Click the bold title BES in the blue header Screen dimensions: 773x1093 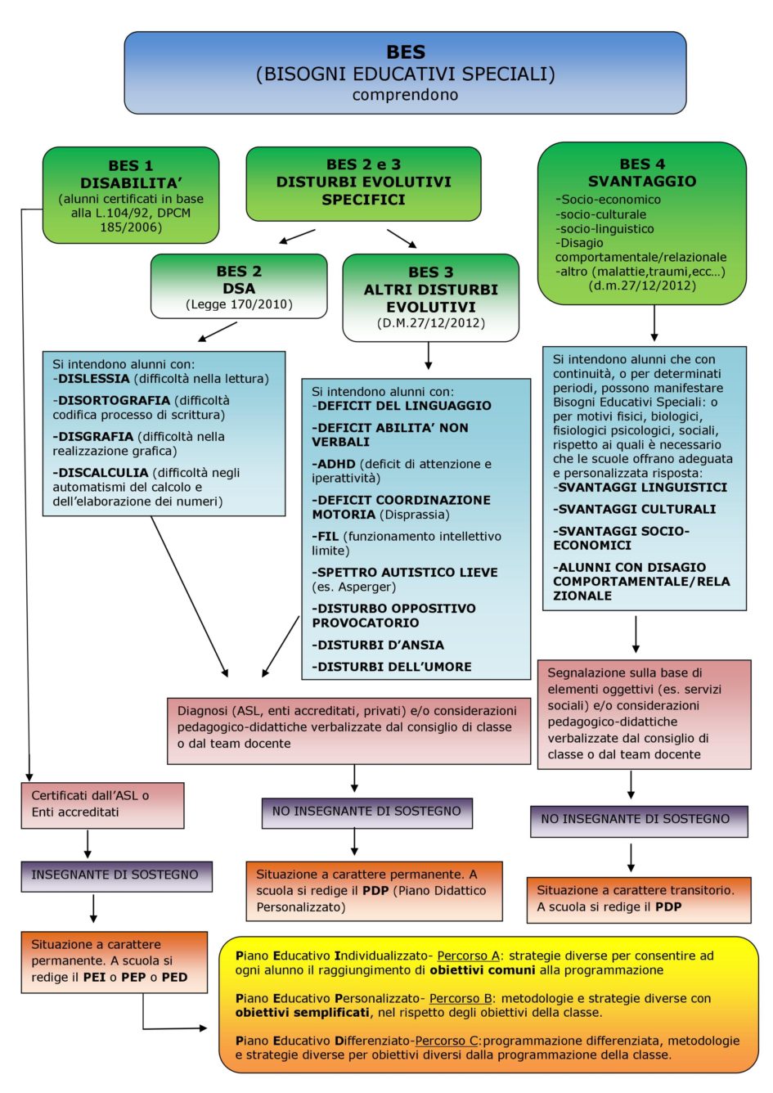click(406, 52)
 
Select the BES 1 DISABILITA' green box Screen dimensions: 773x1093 click(131, 195)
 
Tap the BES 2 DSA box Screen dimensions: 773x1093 click(239, 286)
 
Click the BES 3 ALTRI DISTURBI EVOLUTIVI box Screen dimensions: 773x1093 click(430, 298)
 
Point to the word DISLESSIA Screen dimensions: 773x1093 click(94, 379)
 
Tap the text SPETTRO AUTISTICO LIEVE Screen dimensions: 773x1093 click(407, 572)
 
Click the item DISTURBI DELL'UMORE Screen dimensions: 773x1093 click(394, 667)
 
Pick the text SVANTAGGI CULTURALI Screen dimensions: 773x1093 click(637, 509)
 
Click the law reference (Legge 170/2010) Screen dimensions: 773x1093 click(239, 304)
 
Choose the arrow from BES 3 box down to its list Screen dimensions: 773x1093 click(428, 355)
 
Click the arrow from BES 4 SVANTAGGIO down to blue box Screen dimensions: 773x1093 click(654, 323)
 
